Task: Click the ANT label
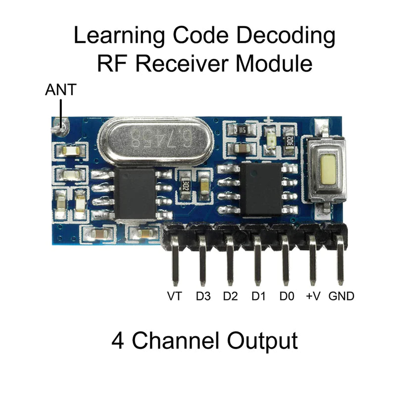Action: click(61, 91)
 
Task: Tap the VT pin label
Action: click(174, 297)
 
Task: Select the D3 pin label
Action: click(203, 297)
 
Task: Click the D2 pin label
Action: click(230, 297)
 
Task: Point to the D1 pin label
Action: click(258, 297)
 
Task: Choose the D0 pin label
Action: click(287, 297)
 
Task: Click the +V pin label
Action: click(313, 297)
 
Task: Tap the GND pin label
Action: click(342, 297)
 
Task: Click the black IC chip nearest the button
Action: click(261, 189)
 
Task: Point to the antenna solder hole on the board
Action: click(61, 127)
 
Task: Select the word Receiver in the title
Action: click(194, 64)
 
